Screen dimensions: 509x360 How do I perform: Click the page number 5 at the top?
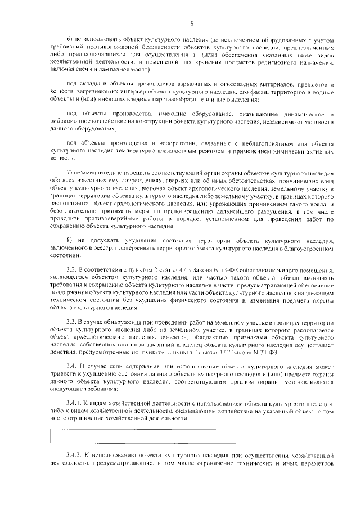192,23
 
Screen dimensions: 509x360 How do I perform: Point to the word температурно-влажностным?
159,151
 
